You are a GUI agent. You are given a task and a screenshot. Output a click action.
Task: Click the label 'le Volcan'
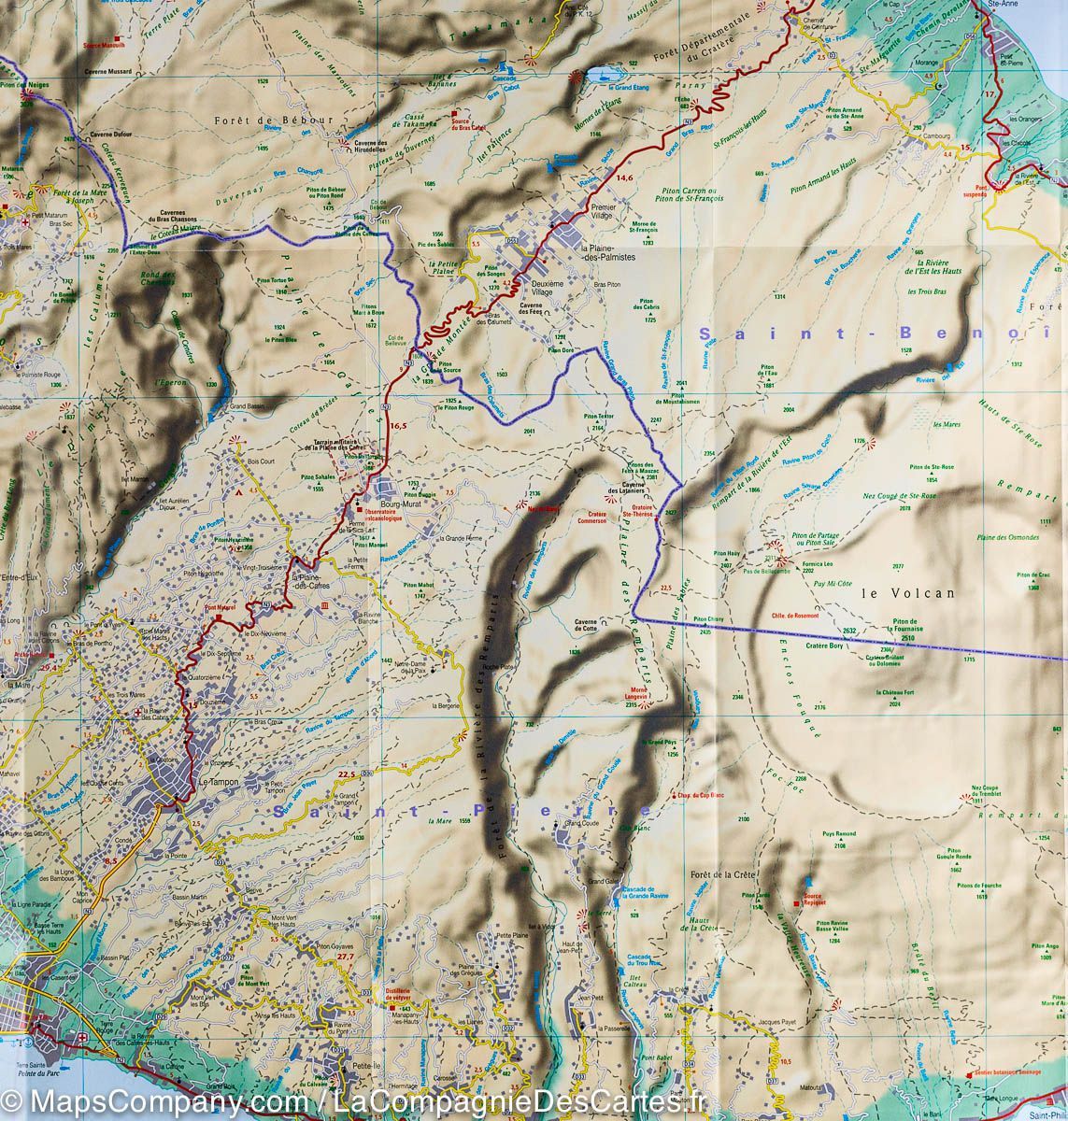click(895, 592)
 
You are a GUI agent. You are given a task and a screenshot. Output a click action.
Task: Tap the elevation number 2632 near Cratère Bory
click(848, 632)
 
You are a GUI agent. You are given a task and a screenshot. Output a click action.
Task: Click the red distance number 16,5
click(399, 426)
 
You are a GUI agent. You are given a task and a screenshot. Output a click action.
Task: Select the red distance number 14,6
click(624, 177)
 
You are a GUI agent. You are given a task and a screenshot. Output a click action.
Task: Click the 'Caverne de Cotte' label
click(586, 627)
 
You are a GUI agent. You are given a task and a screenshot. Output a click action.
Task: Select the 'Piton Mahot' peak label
click(419, 585)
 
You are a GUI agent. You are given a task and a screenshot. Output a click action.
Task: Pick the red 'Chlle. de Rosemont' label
click(795, 616)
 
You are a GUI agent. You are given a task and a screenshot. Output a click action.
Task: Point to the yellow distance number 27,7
click(346, 957)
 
